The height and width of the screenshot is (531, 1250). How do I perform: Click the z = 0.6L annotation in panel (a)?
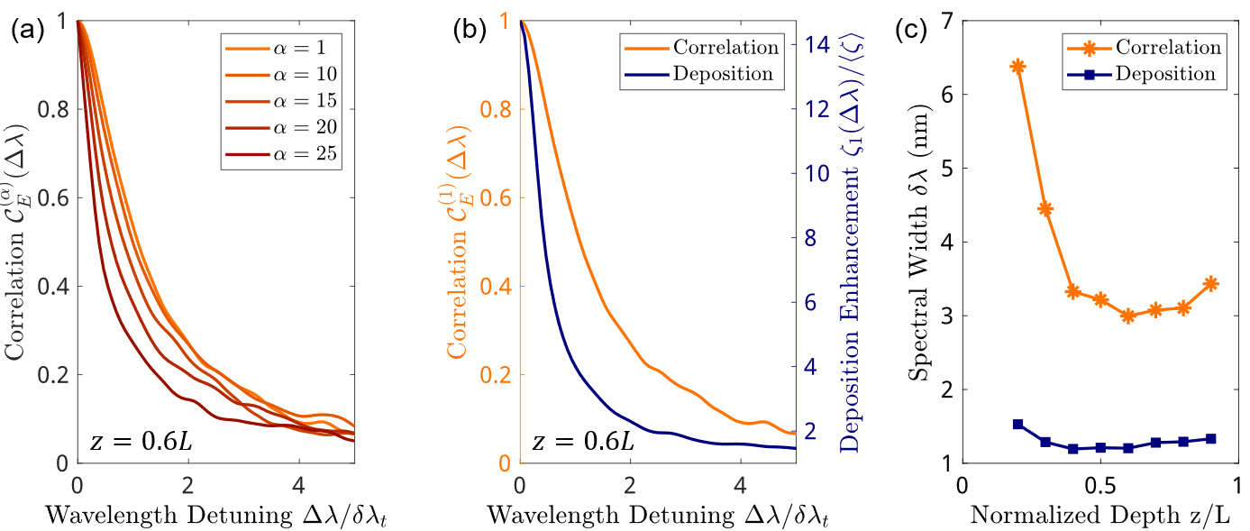[x=140, y=442]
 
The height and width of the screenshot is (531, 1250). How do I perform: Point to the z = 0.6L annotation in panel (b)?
[x=582, y=442]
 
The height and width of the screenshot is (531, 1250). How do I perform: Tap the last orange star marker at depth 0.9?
[x=1210, y=283]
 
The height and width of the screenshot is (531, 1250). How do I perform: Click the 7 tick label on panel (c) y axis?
[x=943, y=21]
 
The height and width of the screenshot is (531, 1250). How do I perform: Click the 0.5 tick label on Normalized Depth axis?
[x=1100, y=483]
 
